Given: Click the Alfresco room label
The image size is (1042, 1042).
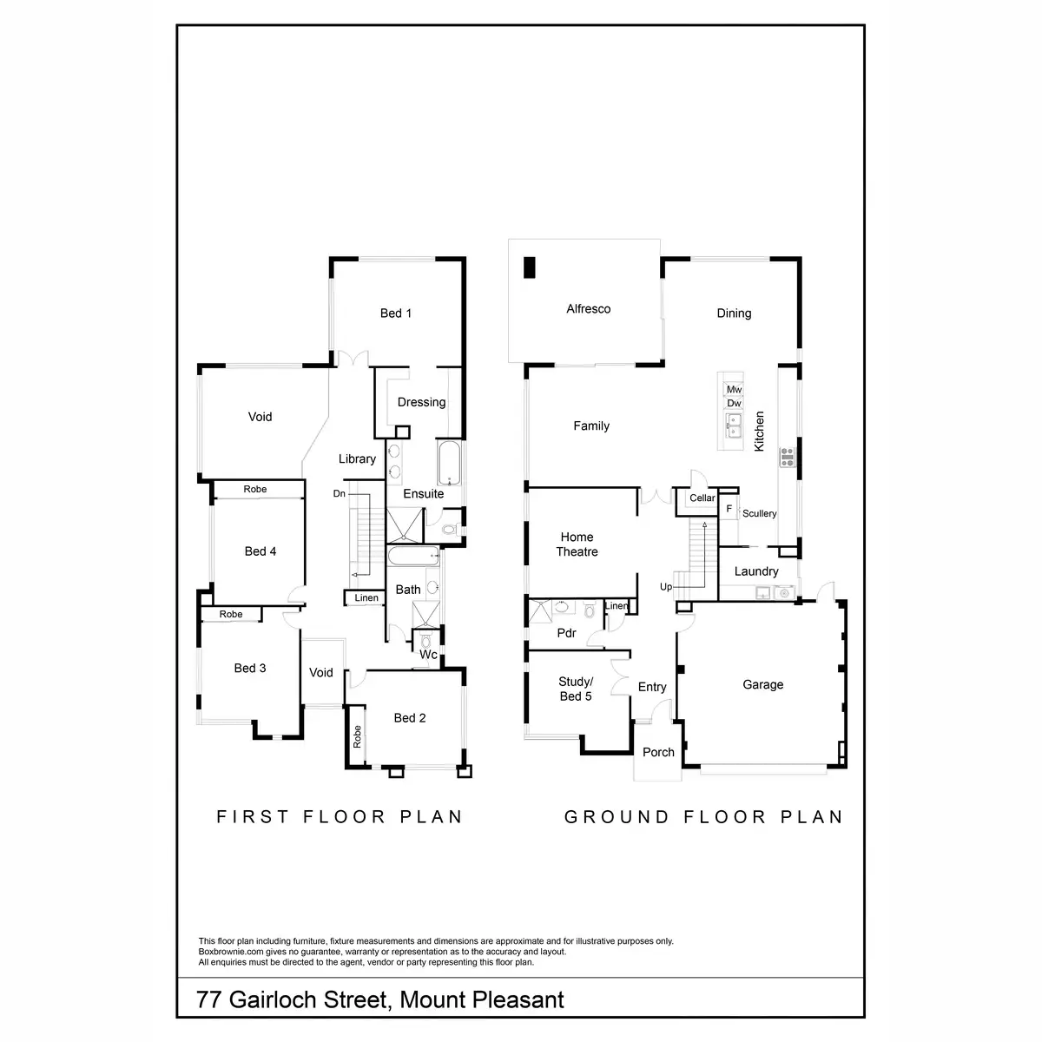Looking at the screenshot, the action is point(588,309).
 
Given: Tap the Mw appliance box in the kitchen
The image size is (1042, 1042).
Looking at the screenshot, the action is point(734,389).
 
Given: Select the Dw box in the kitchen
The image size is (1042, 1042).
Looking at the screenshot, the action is point(734,403).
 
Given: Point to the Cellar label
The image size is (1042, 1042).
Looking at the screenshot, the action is point(702,498).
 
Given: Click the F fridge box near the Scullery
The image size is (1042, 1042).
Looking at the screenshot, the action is point(729,509).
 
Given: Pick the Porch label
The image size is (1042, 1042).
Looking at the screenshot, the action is point(658,752).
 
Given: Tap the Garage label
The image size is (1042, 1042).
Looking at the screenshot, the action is point(762,684).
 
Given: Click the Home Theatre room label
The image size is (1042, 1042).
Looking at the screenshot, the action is point(577,544).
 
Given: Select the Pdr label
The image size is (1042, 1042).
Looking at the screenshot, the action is point(566,633).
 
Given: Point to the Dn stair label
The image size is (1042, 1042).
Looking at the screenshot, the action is point(340,494).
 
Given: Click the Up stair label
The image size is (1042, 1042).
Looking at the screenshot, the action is point(666,587).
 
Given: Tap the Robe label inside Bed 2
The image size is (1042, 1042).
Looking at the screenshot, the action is point(356,737).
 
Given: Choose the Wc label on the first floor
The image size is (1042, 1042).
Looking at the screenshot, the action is point(428,655).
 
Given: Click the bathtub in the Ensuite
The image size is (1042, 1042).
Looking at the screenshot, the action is point(449,464).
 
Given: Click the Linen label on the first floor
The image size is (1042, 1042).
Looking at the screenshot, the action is point(366,598).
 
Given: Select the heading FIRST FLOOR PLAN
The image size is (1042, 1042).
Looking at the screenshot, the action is point(340,816).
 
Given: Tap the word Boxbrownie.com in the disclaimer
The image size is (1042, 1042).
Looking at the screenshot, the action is point(229,952).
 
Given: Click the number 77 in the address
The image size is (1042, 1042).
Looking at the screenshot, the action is point(208,999).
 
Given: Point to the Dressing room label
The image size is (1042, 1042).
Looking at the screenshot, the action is point(421,402).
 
